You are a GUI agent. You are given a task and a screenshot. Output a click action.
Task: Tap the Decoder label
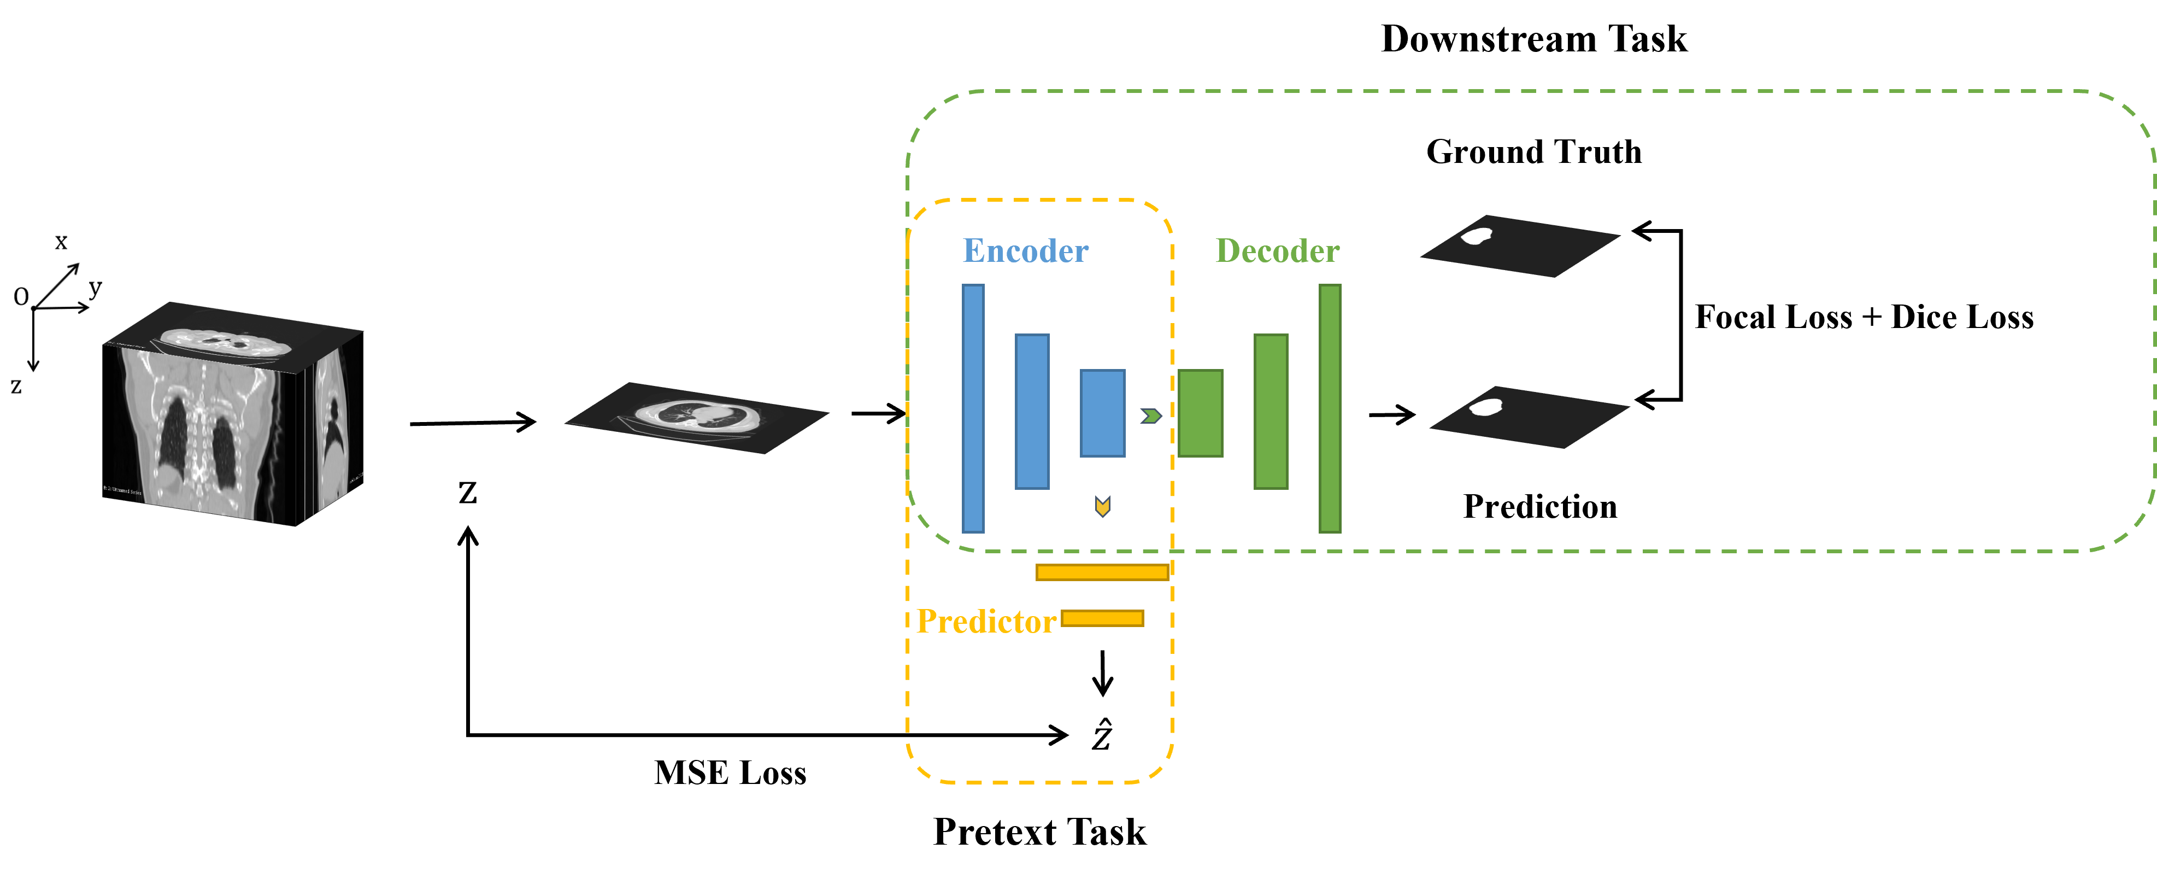click(x=1277, y=251)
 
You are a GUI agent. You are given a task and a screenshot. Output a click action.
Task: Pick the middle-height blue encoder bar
click(x=1032, y=411)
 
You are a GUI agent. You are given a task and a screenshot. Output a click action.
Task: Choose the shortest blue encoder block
click(x=1102, y=413)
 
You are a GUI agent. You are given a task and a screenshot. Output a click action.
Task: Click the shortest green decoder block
click(x=1200, y=413)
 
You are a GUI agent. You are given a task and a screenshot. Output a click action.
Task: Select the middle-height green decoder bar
click(x=1270, y=411)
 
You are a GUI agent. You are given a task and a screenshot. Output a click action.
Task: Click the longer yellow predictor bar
click(x=1102, y=572)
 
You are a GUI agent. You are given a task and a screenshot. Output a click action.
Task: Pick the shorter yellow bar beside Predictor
click(x=1102, y=618)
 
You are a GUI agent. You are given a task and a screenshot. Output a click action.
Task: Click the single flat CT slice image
click(x=697, y=417)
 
